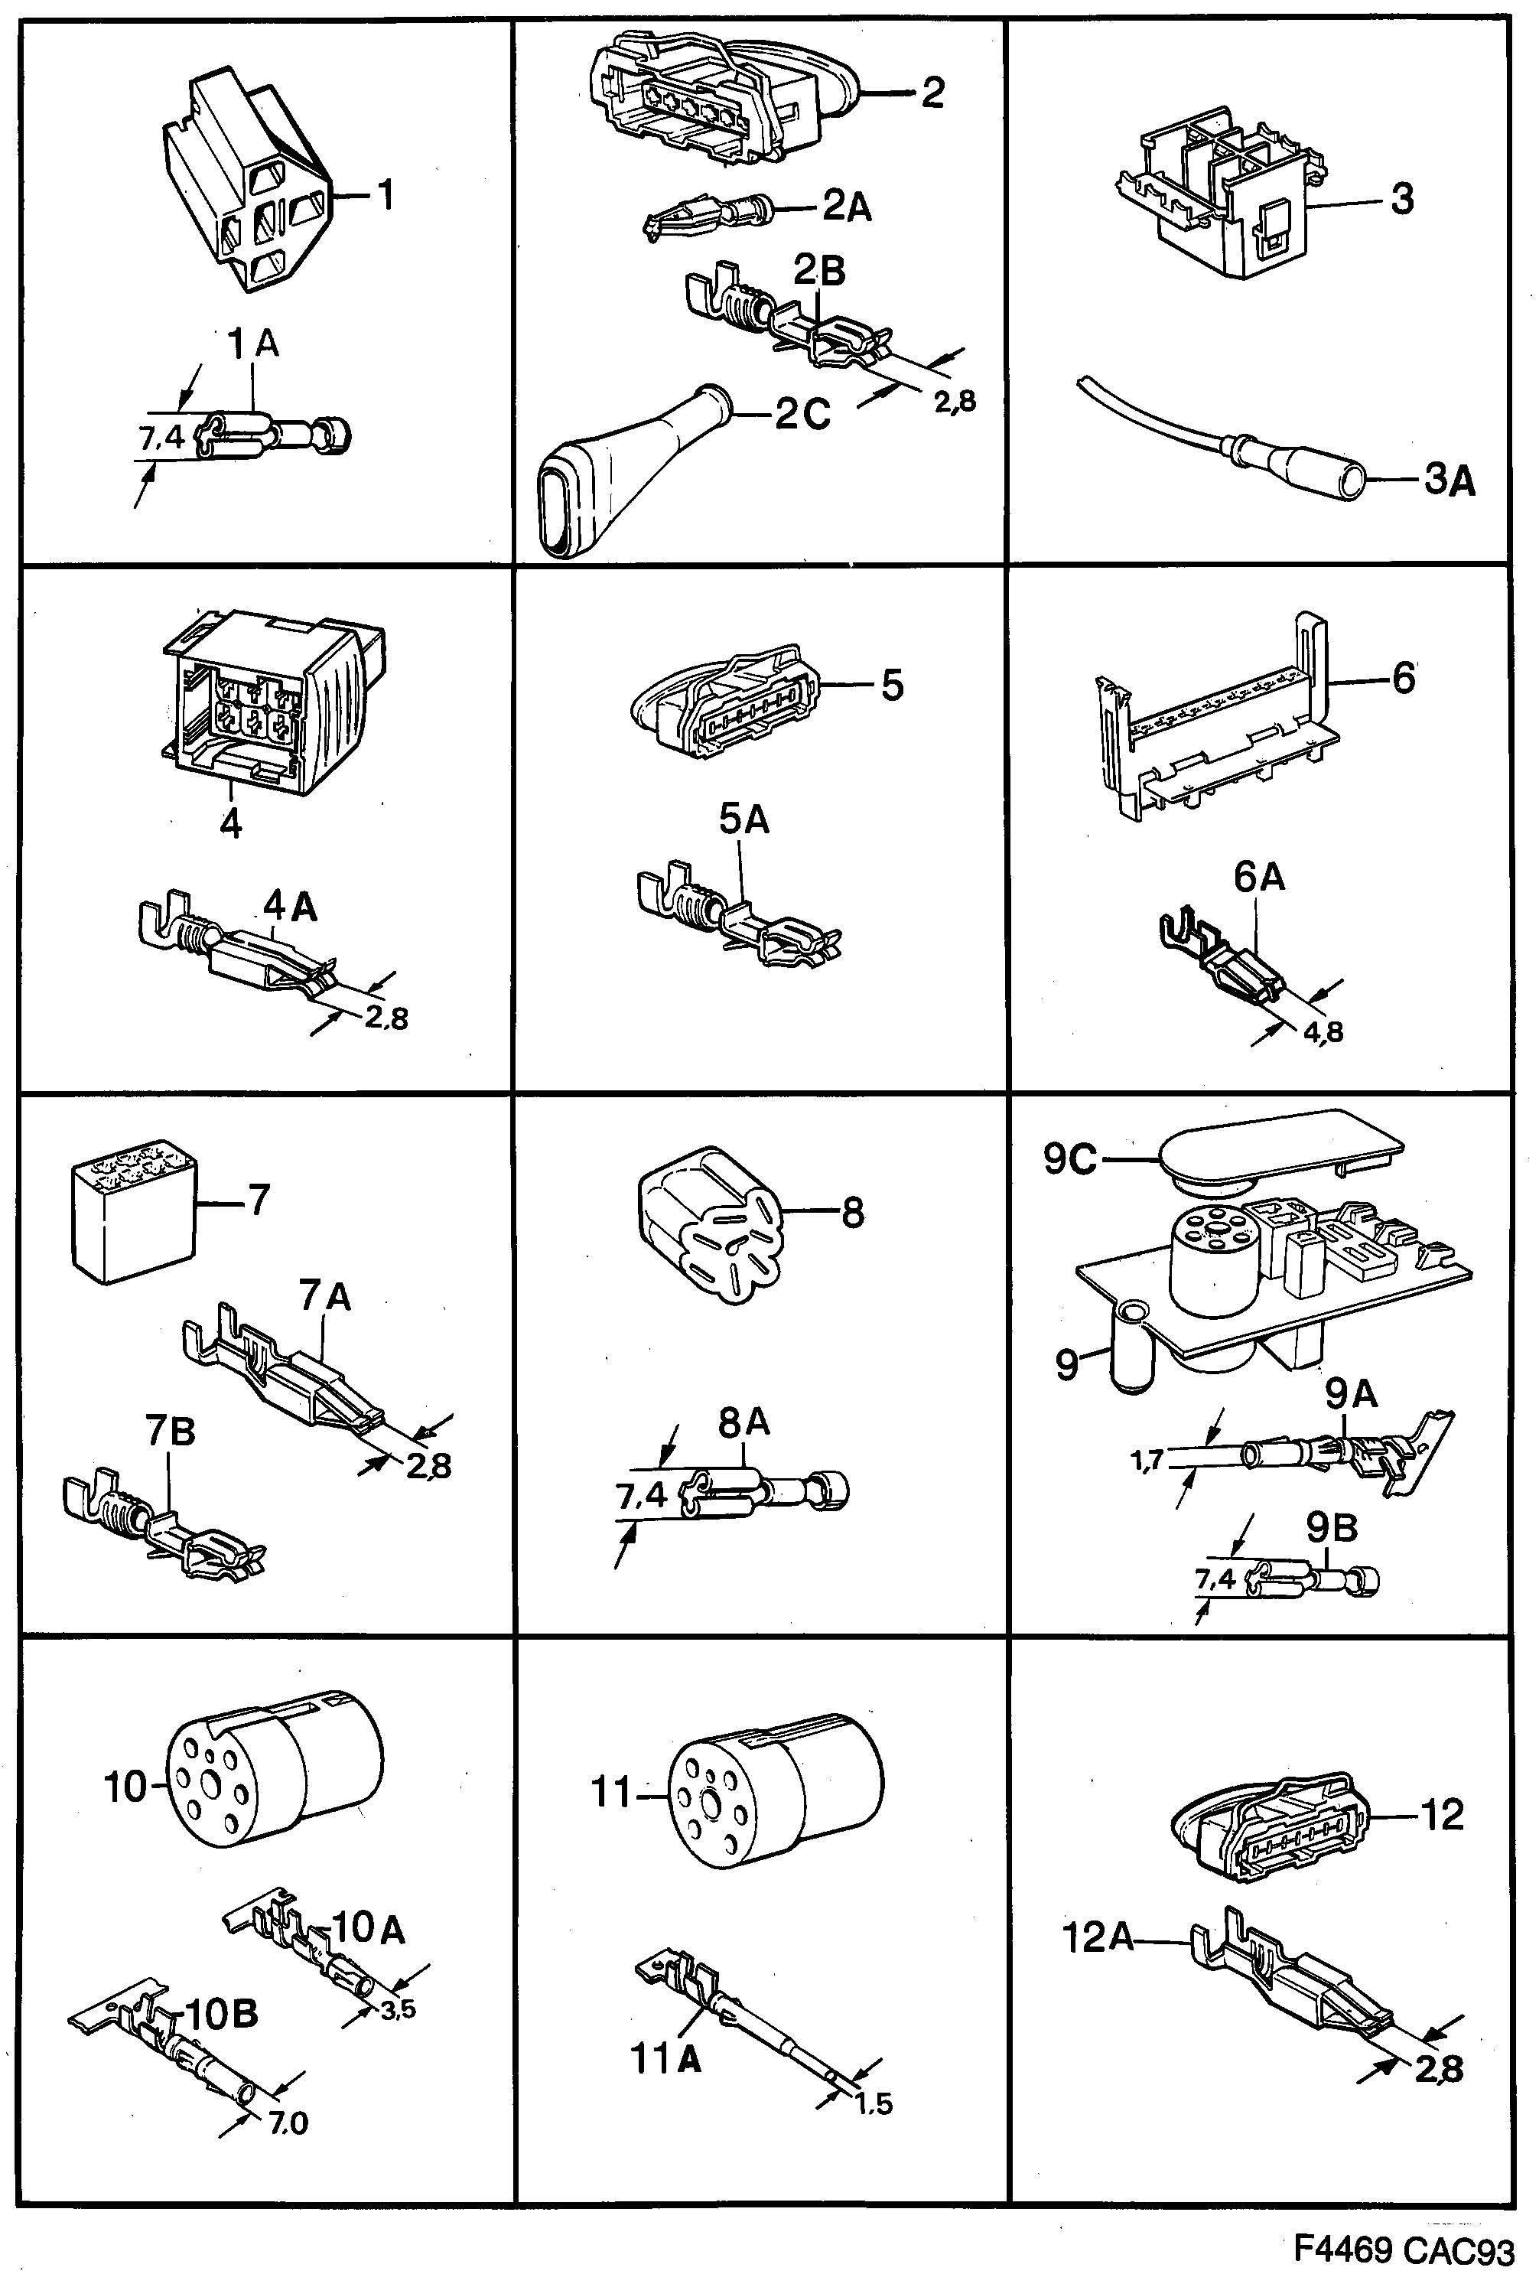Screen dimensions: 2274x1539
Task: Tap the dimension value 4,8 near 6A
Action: coord(1322,1031)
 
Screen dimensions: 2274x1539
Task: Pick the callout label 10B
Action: coord(221,2014)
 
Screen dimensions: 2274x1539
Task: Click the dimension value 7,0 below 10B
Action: coord(288,2123)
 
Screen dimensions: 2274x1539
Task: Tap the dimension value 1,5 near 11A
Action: coord(873,2103)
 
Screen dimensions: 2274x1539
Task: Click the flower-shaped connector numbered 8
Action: coord(708,1224)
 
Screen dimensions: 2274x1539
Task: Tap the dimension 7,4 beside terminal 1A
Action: coord(161,438)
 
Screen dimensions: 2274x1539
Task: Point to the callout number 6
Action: coord(1403,678)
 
